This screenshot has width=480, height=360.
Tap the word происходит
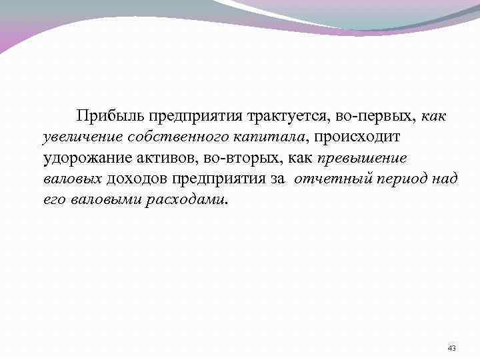click(357, 138)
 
